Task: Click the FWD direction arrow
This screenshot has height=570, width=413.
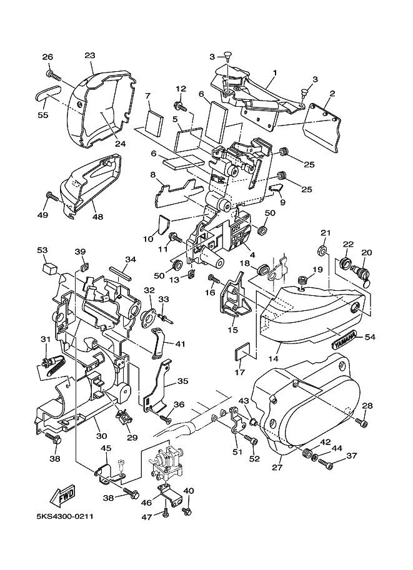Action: pyautogui.click(x=63, y=496)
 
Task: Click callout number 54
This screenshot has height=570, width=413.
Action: pyautogui.click(x=370, y=337)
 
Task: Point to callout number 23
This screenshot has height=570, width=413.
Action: pyautogui.click(x=90, y=56)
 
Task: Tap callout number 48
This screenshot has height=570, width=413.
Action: pyautogui.click(x=98, y=217)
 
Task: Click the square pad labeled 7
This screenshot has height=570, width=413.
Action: pyautogui.click(x=154, y=122)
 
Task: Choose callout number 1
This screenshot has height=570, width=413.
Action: pyautogui.click(x=275, y=72)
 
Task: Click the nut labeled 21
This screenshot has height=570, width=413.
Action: pyautogui.click(x=322, y=250)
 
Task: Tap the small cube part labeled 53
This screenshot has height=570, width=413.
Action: pyautogui.click(x=49, y=269)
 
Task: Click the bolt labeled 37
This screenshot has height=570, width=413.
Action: pyautogui.click(x=326, y=463)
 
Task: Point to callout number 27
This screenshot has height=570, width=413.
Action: pyautogui.click(x=277, y=468)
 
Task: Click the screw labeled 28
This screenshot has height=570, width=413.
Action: pyautogui.click(x=362, y=423)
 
